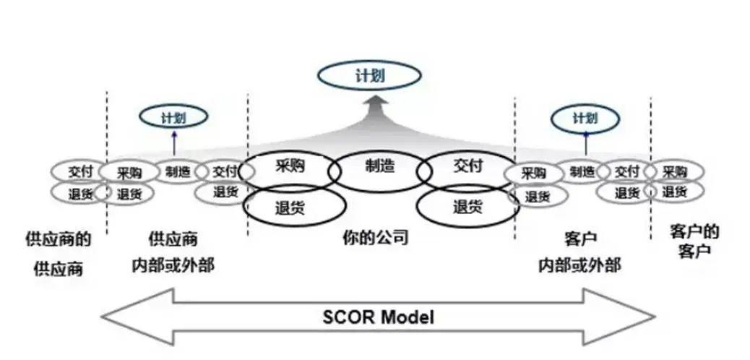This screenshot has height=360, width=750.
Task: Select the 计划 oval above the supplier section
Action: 173,116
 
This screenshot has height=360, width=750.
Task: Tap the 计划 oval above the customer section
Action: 585,117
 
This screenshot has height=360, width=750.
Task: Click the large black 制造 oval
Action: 379,168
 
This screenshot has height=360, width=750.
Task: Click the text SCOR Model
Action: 378,316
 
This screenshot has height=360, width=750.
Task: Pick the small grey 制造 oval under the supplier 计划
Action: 177,171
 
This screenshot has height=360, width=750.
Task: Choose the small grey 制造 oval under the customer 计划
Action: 582,171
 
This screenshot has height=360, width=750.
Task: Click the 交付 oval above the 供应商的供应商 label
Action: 78,172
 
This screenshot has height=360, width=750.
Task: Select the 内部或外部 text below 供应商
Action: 173,264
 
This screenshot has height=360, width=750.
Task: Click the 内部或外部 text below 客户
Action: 578,265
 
